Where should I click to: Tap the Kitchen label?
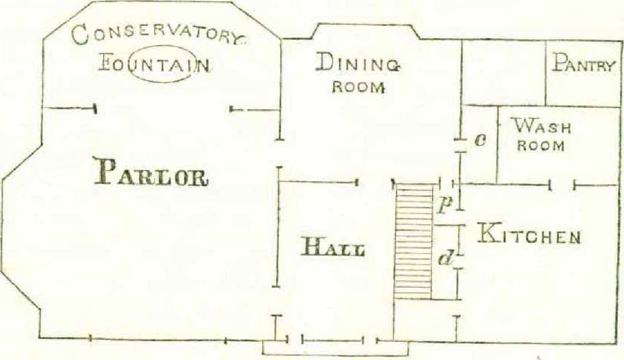coord(528,234)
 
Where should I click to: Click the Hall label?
coord(333,247)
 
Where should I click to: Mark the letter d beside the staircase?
coord(446,259)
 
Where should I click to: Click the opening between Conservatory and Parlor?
coord(163,109)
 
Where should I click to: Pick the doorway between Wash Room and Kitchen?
coord(562,184)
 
